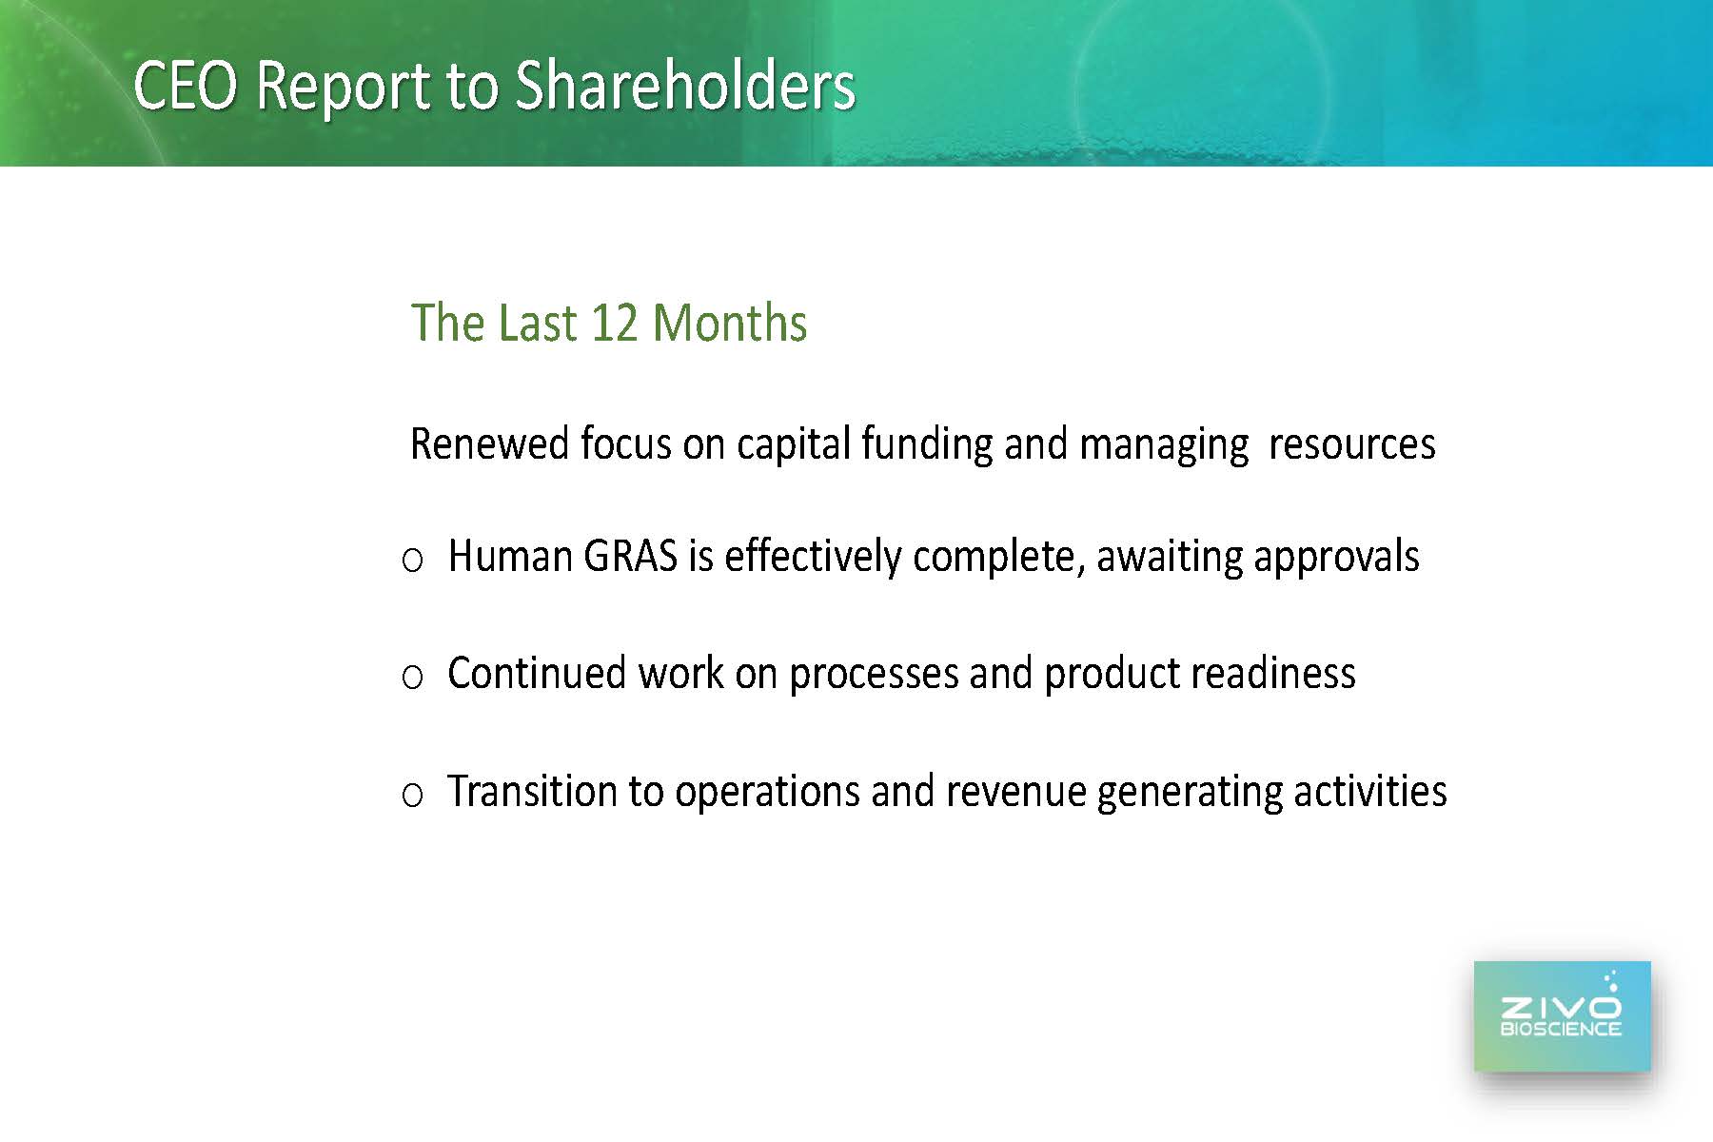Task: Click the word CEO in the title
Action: click(x=186, y=86)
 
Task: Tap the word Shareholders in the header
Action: click(x=685, y=86)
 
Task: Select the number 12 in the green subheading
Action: click(x=616, y=324)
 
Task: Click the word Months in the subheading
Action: click(x=730, y=324)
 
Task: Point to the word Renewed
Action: click(x=489, y=444)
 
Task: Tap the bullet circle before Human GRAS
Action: click(x=412, y=561)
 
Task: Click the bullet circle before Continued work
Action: click(x=412, y=678)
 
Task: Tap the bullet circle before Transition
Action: click(x=412, y=795)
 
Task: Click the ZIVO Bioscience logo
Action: click(x=1563, y=1016)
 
